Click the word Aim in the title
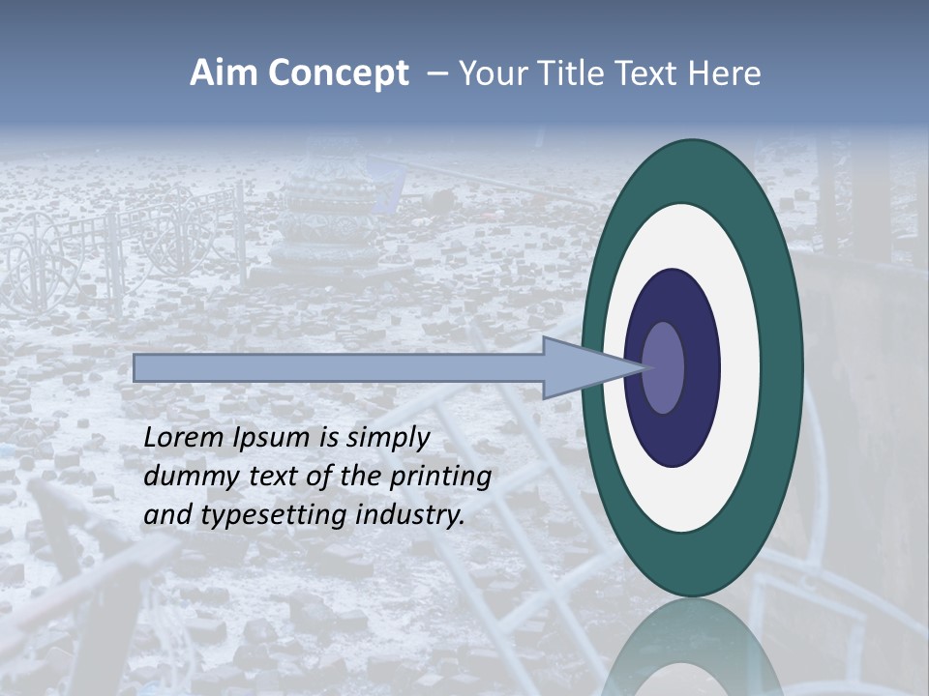click(223, 74)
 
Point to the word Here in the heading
click(726, 74)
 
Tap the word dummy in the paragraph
click(186, 477)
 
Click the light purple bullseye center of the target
click(664, 367)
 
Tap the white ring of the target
click(740, 367)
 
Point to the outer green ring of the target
click(784, 367)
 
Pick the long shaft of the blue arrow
click(339, 367)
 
